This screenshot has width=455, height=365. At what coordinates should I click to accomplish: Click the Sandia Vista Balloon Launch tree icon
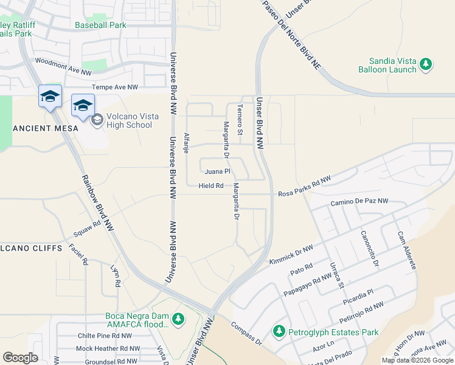[426, 63]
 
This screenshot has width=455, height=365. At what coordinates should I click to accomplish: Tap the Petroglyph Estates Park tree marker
[279, 332]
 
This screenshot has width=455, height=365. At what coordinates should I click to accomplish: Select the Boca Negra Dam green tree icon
[178, 318]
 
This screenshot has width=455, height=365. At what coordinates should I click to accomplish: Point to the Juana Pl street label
[217, 172]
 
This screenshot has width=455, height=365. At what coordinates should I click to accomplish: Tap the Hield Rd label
[211, 186]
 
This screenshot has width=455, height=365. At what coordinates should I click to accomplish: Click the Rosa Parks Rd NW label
[304, 187]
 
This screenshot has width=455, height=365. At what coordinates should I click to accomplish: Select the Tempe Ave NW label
[115, 88]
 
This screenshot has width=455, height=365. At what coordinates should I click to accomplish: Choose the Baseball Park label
[100, 25]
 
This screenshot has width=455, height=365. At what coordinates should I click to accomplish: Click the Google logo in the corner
[20, 358]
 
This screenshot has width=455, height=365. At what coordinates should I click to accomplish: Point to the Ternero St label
[240, 119]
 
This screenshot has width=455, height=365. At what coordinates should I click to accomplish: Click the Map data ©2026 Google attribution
[417, 360]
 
